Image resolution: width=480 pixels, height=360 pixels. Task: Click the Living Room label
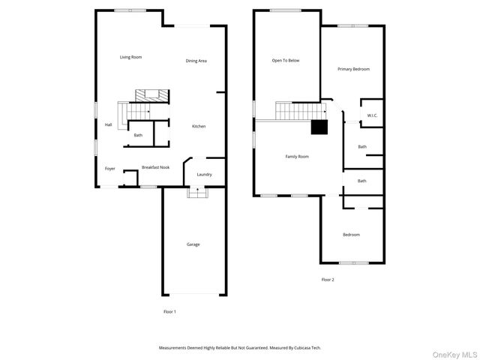coord(130,57)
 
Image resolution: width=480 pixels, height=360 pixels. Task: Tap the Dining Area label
coord(196,61)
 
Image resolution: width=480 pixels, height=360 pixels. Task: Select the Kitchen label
coord(199,126)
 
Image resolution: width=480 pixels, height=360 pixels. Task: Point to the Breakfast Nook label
coord(155,168)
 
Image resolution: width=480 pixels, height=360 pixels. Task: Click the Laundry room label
coord(204,175)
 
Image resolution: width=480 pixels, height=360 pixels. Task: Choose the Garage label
coord(193,244)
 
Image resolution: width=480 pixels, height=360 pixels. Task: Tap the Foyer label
coord(110,169)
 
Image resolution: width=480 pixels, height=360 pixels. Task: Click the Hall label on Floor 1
coord(108,124)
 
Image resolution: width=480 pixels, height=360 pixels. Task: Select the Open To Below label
coord(285,61)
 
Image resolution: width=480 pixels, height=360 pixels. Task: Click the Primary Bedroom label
coord(353,69)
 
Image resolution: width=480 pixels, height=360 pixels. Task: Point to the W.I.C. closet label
coord(372,115)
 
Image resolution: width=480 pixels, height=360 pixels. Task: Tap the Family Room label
coord(297,157)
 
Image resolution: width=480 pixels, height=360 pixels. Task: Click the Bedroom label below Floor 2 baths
coord(351,235)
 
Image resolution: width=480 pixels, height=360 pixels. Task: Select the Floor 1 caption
coord(169,311)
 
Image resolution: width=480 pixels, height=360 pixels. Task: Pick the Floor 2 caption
coord(328,280)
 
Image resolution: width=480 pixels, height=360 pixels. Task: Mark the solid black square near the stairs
coord(319,127)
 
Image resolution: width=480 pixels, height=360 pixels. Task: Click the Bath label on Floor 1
coord(138,135)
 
